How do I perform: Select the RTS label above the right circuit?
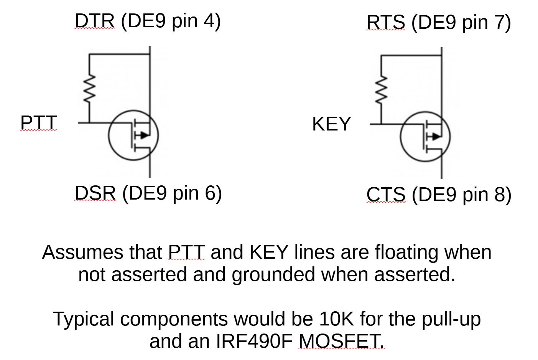click(x=386, y=22)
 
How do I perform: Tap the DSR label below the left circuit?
click(x=95, y=193)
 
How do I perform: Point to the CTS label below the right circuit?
click(x=386, y=194)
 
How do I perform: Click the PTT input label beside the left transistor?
click(x=38, y=123)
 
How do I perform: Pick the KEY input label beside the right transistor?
click(x=331, y=124)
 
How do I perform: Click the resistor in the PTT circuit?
click(x=89, y=89)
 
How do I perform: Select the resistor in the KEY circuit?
click(x=381, y=90)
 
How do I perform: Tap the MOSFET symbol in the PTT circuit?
click(x=133, y=135)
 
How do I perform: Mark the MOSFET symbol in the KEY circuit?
click(x=425, y=136)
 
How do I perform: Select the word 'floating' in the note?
click(x=406, y=253)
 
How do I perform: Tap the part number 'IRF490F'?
click(x=255, y=341)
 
